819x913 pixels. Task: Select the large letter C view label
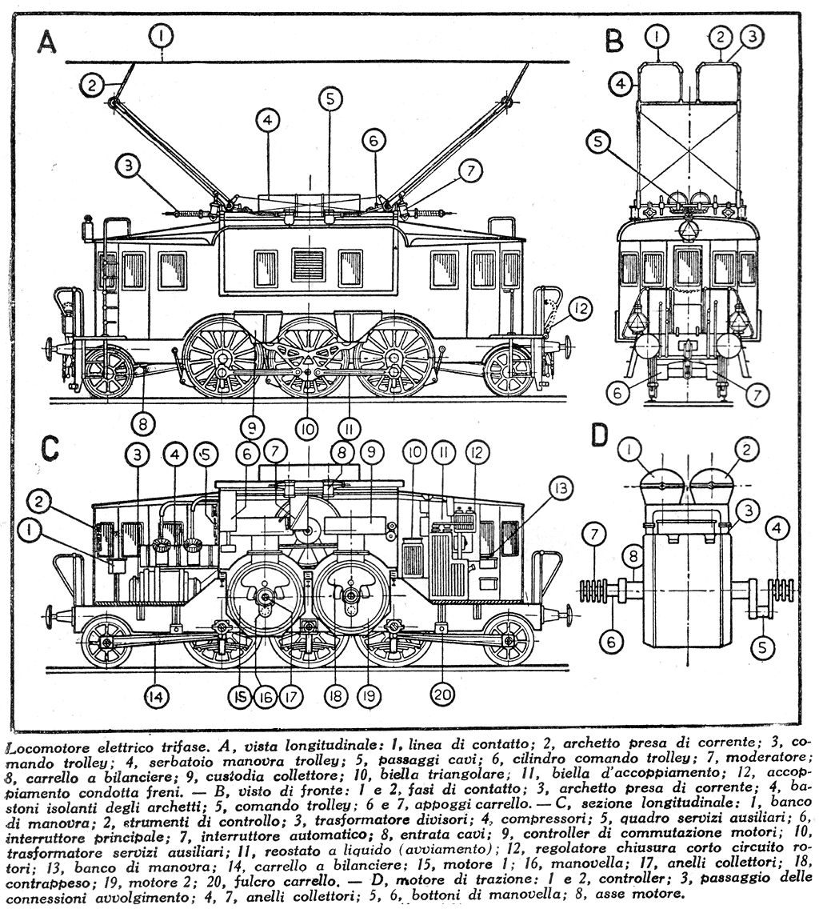click(50, 448)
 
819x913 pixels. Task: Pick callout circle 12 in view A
click(581, 307)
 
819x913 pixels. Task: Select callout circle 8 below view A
click(143, 422)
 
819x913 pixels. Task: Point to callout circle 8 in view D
click(632, 553)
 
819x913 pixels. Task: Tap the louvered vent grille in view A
click(309, 265)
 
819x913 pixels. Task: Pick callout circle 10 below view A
click(306, 430)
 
